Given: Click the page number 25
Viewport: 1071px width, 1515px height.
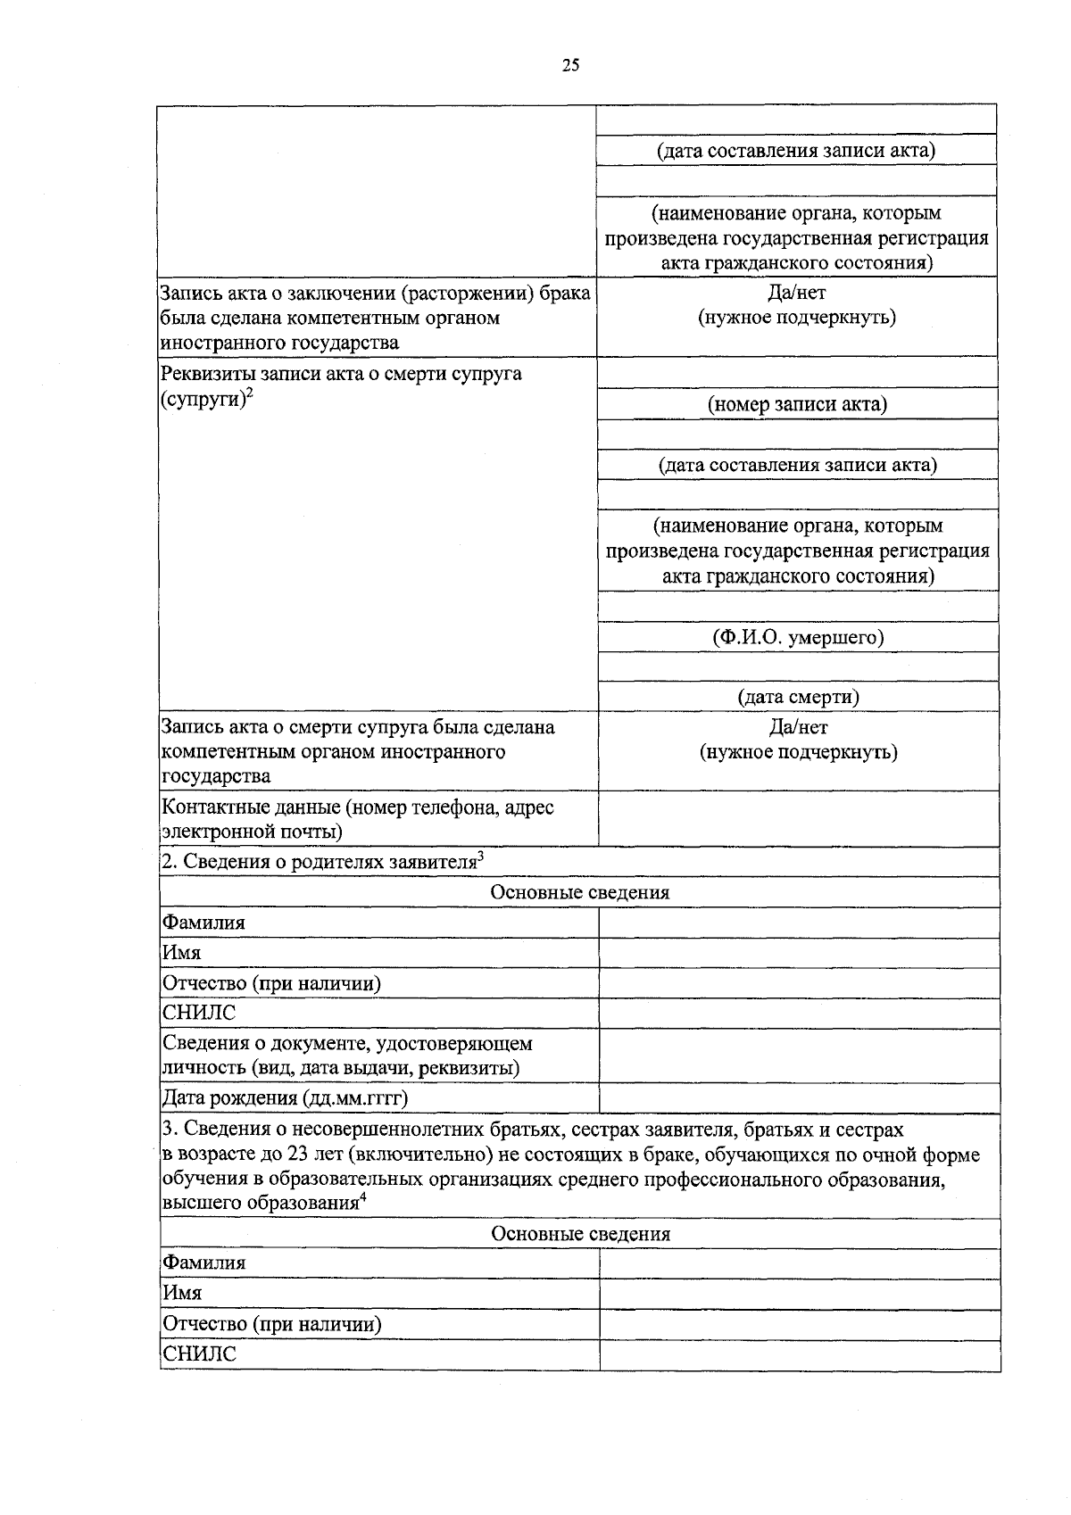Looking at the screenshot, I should pyautogui.click(x=571, y=64).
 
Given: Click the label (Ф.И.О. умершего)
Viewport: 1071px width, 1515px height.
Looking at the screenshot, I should pyautogui.click(x=798, y=637).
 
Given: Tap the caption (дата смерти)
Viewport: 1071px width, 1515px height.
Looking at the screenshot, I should pyautogui.click(x=798, y=697).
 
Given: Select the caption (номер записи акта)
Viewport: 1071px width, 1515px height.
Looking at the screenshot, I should pyautogui.click(x=798, y=404).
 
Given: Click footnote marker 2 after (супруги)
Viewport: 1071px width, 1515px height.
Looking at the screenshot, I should pyautogui.click(x=250, y=393).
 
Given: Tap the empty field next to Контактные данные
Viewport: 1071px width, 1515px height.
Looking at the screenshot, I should pyautogui.click(x=798, y=819).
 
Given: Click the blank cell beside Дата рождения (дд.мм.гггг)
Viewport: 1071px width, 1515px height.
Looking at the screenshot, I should pyautogui.click(x=798, y=1097).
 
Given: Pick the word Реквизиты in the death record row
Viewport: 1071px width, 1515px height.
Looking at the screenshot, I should pyautogui.click(x=204, y=373).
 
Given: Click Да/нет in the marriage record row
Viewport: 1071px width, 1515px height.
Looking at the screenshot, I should pyautogui.click(x=797, y=293).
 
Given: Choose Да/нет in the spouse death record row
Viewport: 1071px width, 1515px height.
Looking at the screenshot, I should pyautogui.click(x=798, y=727).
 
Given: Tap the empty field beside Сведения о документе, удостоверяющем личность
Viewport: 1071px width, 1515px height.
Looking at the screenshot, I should pyautogui.click(x=798, y=1056).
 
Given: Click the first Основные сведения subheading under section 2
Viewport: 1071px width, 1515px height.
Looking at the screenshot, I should pyautogui.click(x=579, y=892).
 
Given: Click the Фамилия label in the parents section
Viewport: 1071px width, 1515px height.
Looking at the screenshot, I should pyautogui.click(x=203, y=923).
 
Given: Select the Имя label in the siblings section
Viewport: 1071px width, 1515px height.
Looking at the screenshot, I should pyautogui.click(x=181, y=1293).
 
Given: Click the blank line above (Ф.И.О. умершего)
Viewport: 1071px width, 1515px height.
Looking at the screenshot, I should pyautogui.click(x=798, y=607).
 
